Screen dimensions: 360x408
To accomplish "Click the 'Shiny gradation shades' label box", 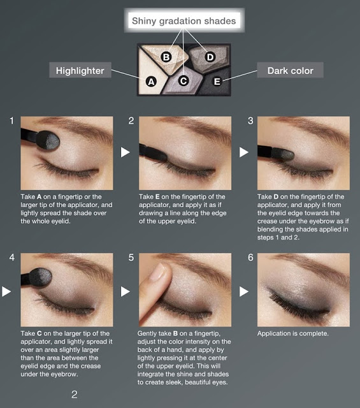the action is click(x=184, y=20).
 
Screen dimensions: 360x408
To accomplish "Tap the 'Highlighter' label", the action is click(x=80, y=70).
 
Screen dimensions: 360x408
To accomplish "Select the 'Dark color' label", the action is click(x=291, y=70).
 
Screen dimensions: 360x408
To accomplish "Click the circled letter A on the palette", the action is click(x=151, y=82).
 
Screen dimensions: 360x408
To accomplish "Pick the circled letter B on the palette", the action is click(x=166, y=57).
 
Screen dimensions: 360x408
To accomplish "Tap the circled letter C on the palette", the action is click(x=184, y=81).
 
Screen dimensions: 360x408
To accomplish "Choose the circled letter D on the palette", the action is click(x=210, y=57).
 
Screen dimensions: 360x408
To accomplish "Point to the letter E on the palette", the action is click(x=217, y=82).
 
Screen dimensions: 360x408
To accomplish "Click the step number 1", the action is click(x=11, y=120).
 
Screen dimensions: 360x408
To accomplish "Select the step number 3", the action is click(x=250, y=120).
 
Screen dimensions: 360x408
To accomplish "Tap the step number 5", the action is click(x=131, y=258).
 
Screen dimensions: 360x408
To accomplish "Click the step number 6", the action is click(x=250, y=258).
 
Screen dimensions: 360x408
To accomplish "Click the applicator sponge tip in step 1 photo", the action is click(x=48, y=140).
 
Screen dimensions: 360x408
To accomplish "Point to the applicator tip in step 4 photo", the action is click(x=40, y=277).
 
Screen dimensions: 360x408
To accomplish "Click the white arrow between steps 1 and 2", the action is click(x=125, y=152).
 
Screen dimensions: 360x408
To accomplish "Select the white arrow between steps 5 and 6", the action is click(x=244, y=291).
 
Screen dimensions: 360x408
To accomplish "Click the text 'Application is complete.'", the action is click(x=293, y=333).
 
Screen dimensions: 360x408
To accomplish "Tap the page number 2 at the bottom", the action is click(x=75, y=395).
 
